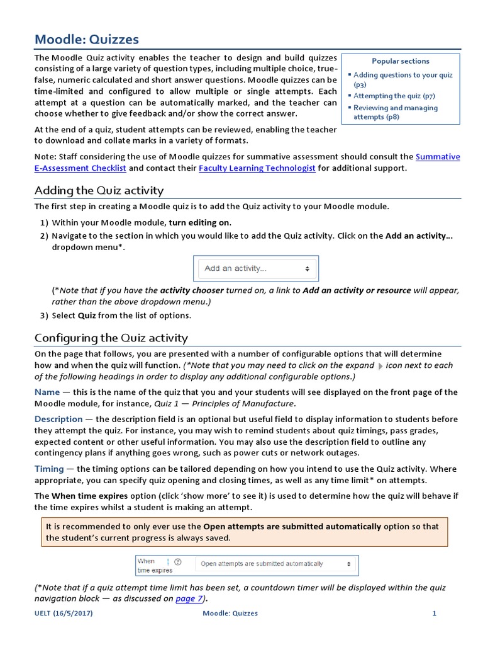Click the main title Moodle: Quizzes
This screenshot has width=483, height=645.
tap(87, 39)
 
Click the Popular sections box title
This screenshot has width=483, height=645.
tap(400, 61)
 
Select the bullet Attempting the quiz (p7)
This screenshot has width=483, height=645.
tap(394, 96)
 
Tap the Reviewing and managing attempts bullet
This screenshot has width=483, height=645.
tap(395, 112)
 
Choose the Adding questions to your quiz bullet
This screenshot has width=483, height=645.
tap(402, 79)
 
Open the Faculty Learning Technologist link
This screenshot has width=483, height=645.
tap(257, 168)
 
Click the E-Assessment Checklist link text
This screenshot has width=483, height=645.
tap(80, 168)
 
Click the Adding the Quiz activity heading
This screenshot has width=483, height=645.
tap(99, 190)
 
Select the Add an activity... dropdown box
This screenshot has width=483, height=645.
tap(255, 268)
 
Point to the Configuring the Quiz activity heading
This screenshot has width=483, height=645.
tap(111, 338)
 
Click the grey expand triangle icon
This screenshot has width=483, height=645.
tap(380, 366)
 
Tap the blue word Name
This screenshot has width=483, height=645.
tap(47, 392)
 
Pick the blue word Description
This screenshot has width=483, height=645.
tap(58, 419)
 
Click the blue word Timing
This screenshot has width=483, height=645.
tap(49, 469)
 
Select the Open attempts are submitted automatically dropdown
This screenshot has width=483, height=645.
tap(275, 564)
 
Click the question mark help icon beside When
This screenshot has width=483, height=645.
tap(177, 561)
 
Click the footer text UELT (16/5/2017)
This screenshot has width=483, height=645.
tap(64, 614)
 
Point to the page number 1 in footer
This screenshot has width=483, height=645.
tap(434, 614)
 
